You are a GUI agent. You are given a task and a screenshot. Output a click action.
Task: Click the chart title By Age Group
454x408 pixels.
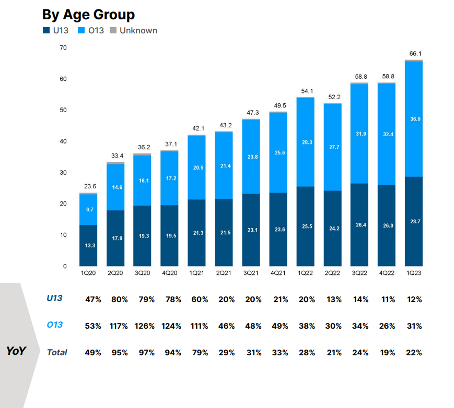pos(88,14)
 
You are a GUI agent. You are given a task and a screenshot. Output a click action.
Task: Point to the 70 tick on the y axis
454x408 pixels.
pos(63,48)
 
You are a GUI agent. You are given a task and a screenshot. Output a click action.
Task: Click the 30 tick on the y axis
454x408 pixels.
pos(63,173)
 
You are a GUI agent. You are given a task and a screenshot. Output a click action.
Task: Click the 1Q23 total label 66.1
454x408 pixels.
pos(414,53)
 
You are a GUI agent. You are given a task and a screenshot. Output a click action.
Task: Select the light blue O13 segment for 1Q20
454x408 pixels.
pos(88,209)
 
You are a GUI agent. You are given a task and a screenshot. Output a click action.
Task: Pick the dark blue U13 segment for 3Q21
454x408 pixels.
pos(251,230)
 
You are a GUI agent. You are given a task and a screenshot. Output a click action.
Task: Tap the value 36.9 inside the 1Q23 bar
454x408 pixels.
pos(414,119)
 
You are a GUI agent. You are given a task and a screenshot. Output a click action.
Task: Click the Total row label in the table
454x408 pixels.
pos(57,353)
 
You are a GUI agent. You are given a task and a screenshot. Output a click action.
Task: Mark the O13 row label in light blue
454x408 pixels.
pos(55,325)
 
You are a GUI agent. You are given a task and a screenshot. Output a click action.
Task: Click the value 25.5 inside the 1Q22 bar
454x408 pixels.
pos(306,227)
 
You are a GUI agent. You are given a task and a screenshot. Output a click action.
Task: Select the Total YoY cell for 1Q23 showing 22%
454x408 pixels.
pos(414,353)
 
